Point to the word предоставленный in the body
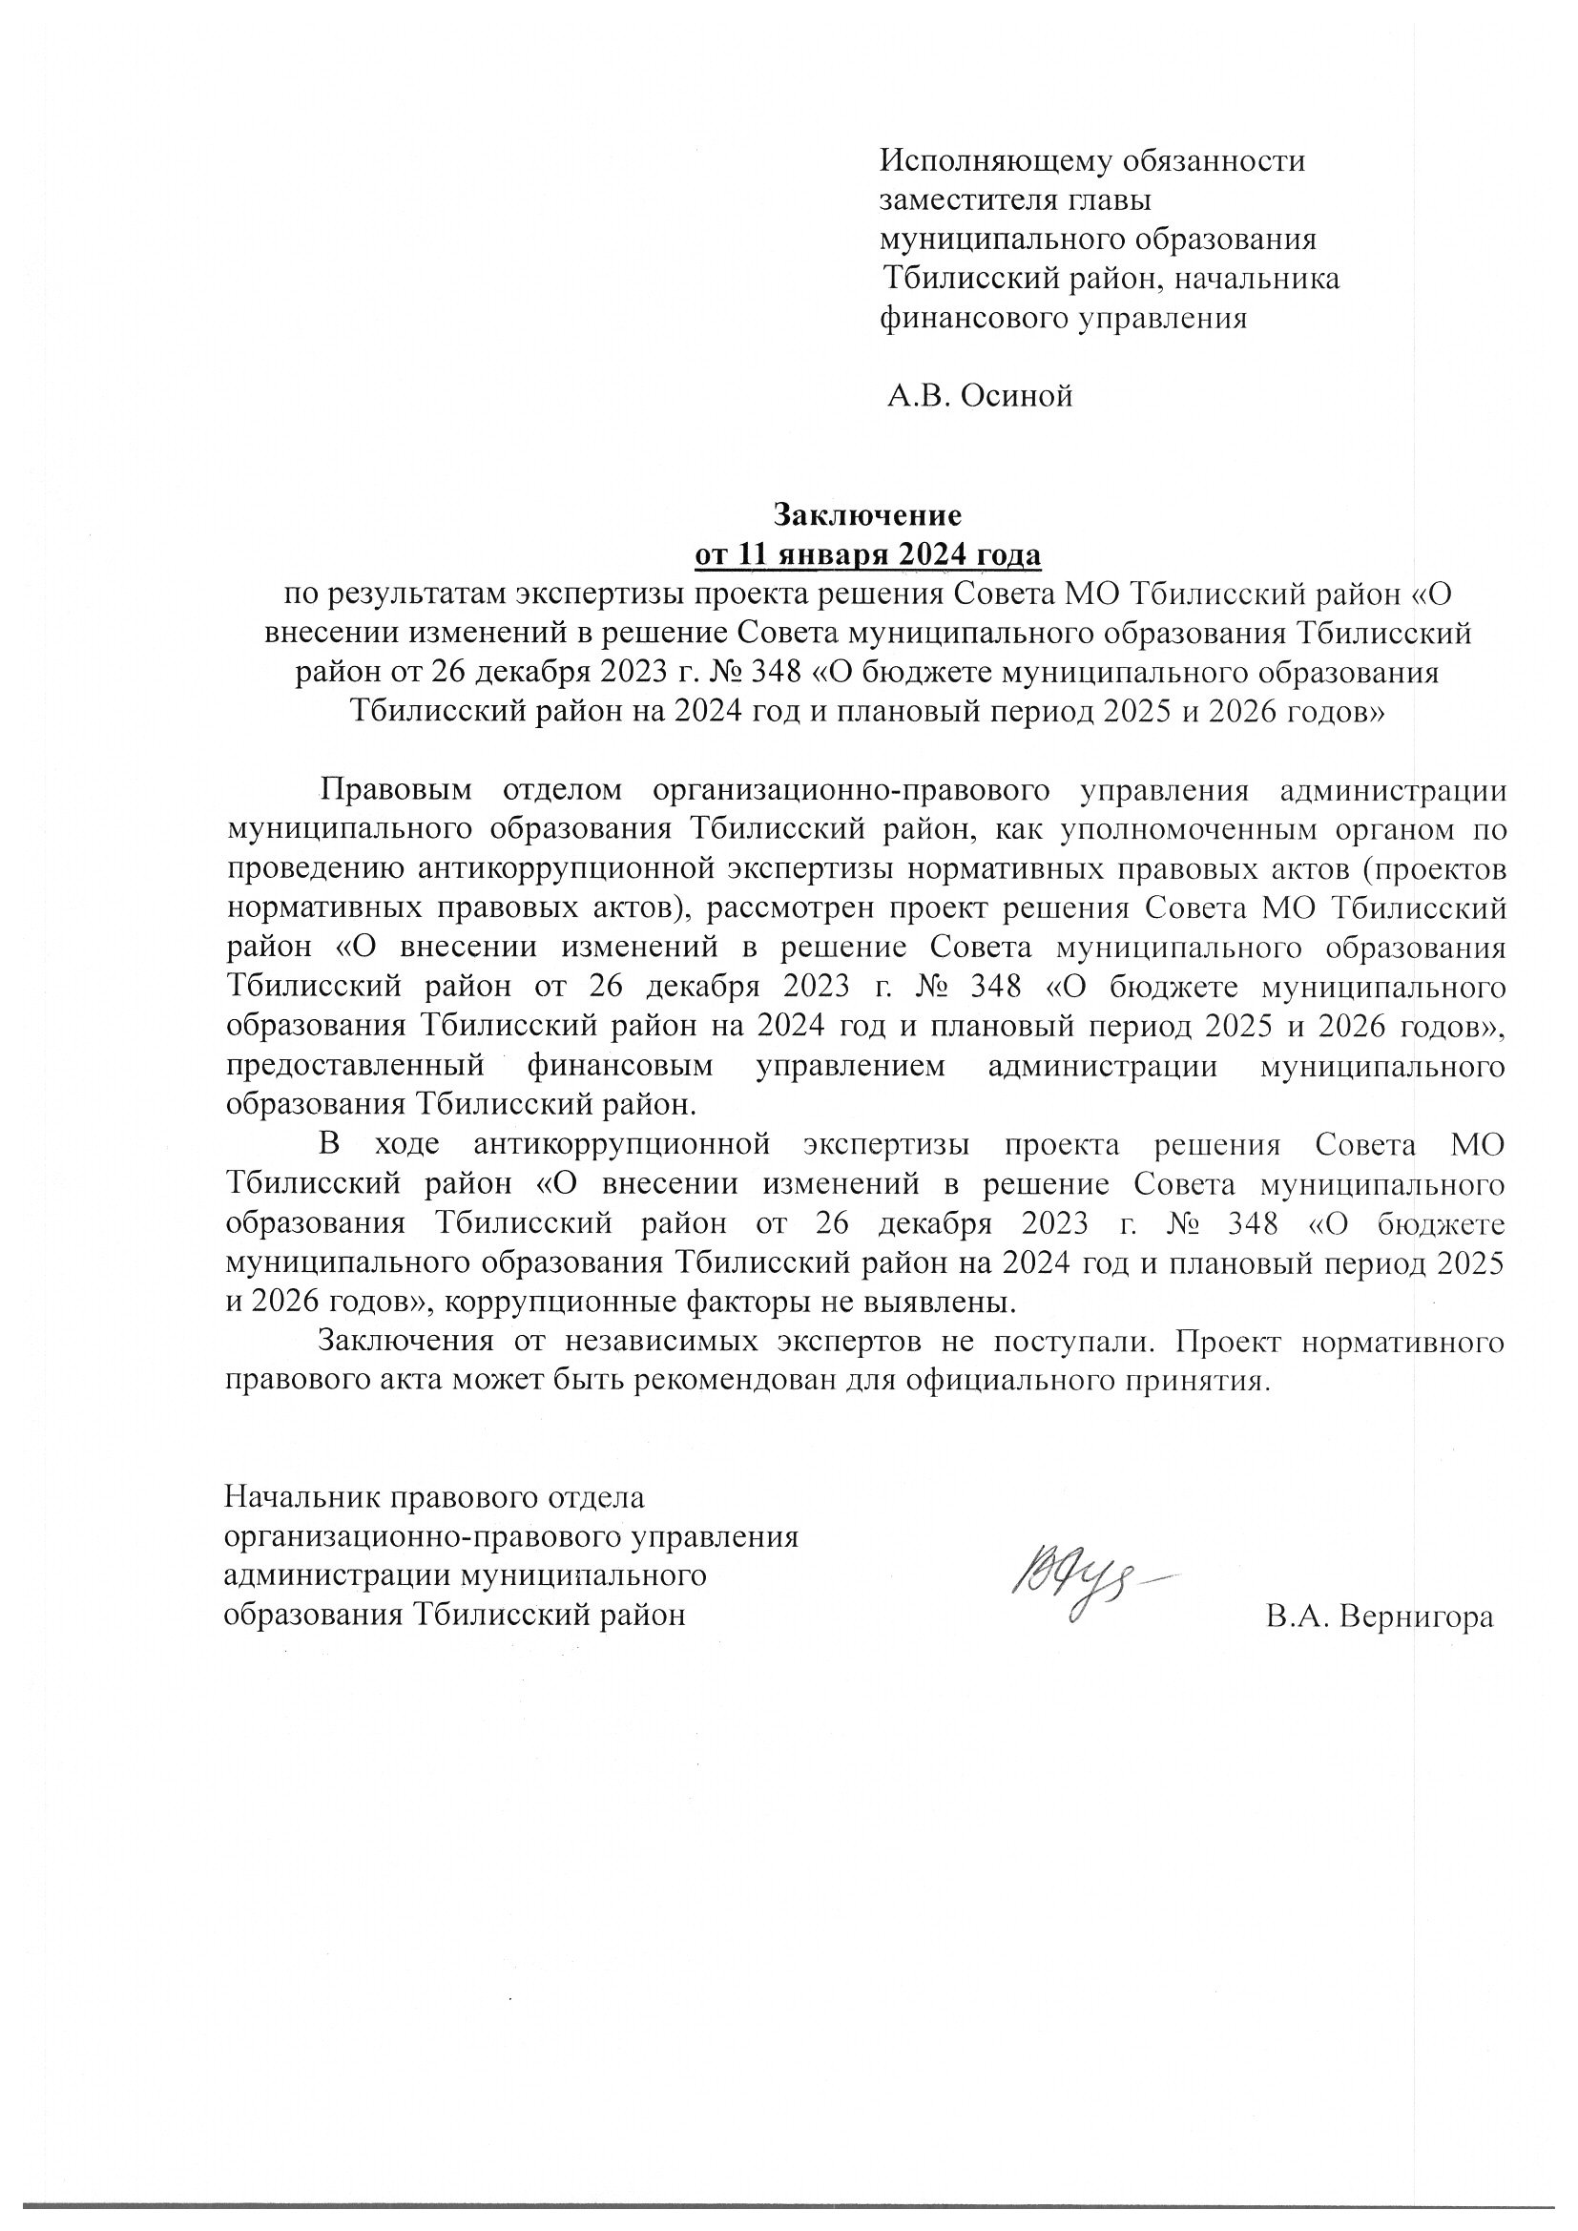(x=355, y=1065)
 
